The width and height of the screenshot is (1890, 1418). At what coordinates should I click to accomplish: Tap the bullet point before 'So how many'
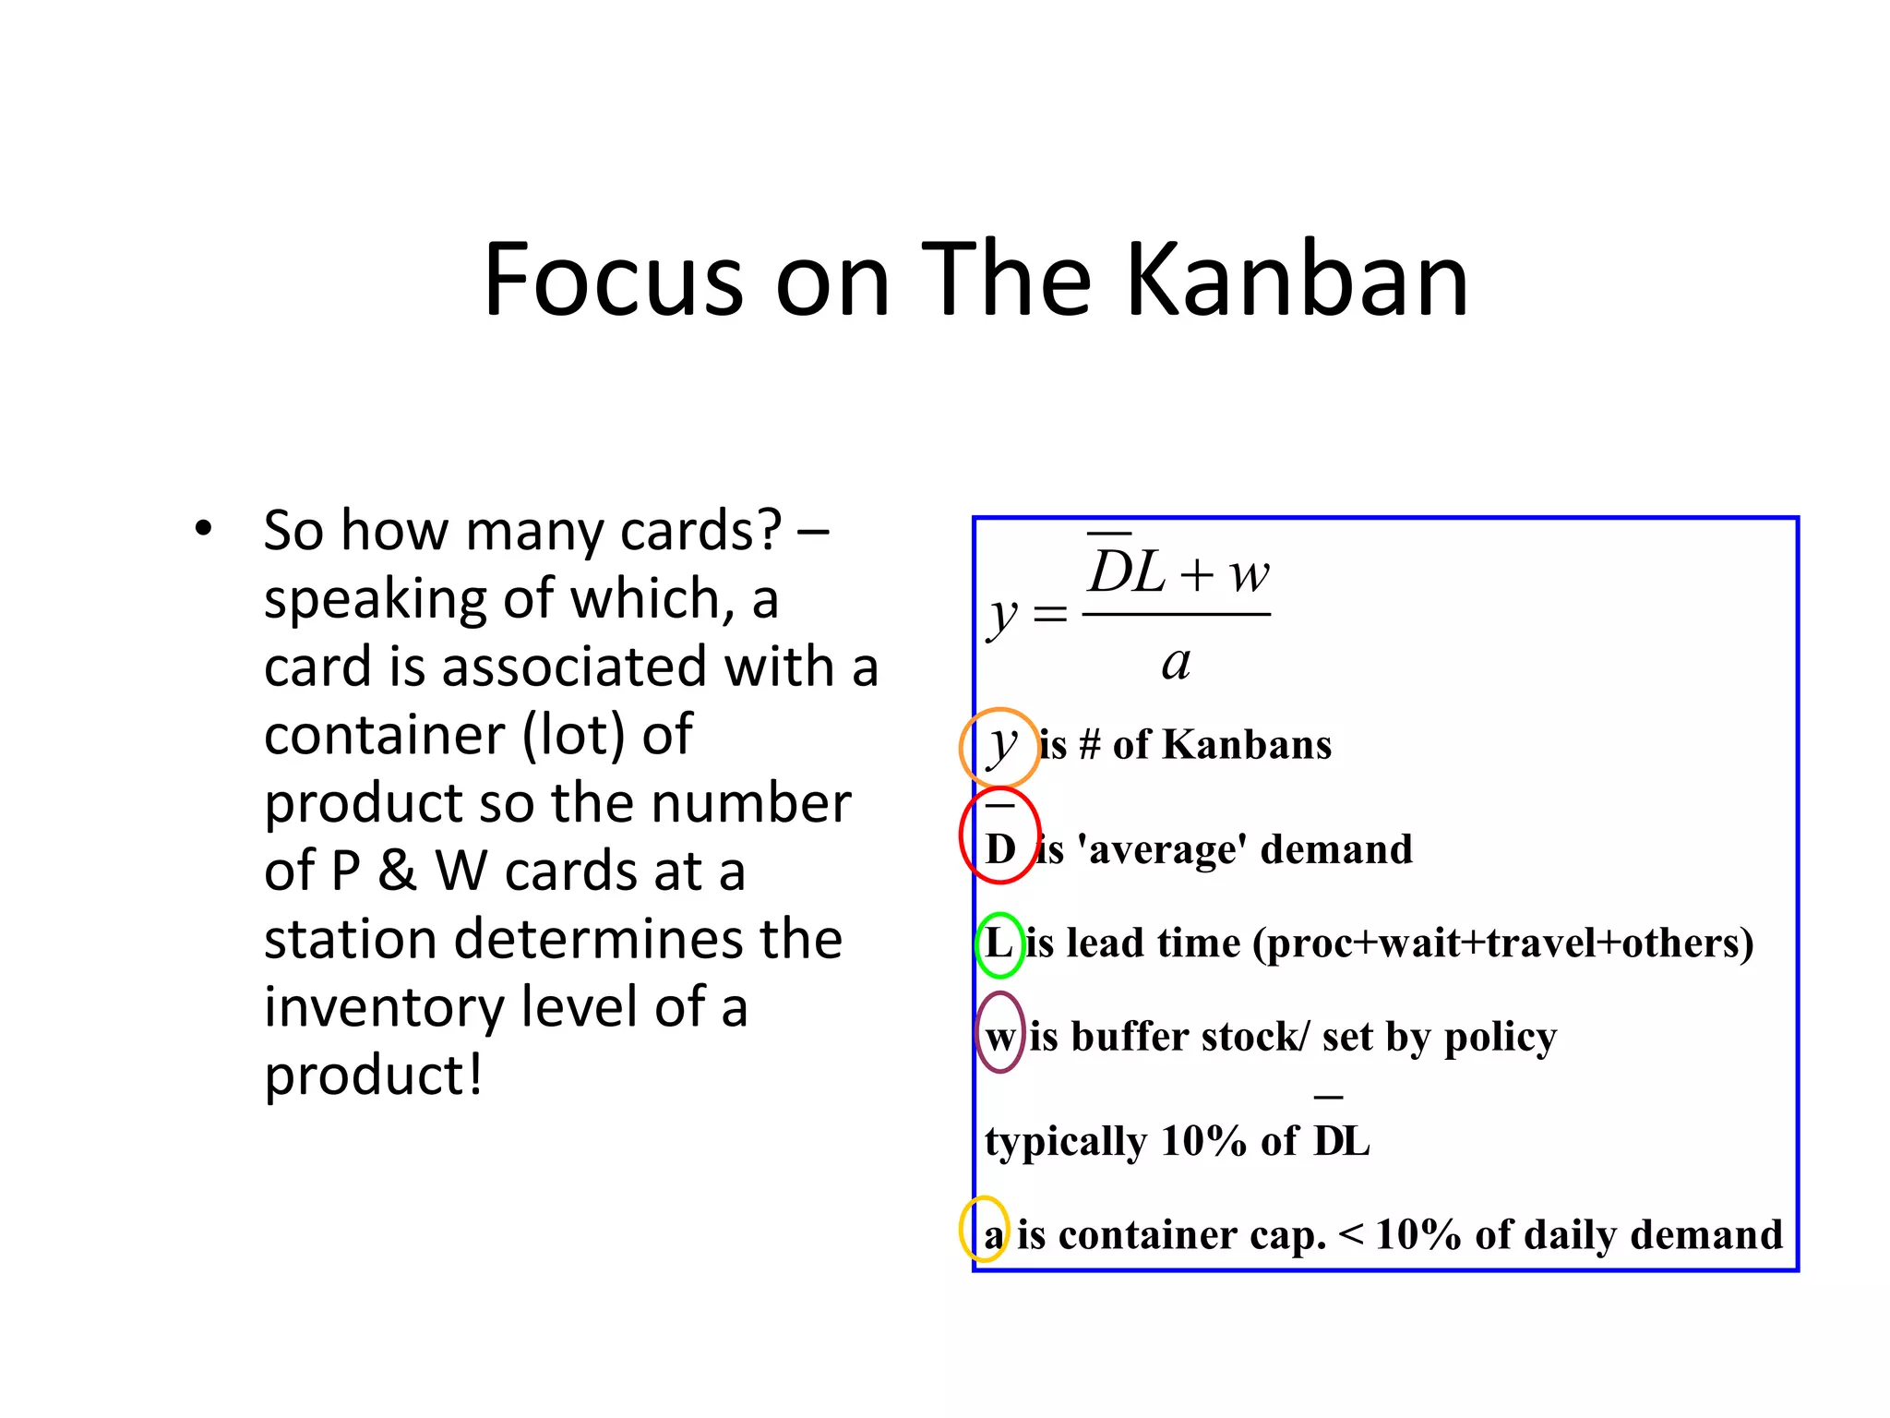[x=203, y=530]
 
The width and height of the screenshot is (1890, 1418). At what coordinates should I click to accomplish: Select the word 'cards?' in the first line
[x=700, y=531]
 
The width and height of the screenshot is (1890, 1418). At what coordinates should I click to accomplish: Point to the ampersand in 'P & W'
[x=397, y=871]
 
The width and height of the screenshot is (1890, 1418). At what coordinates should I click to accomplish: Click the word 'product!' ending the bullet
[x=373, y=1076]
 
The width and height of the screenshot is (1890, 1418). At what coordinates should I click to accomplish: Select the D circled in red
[x=1000, y=846]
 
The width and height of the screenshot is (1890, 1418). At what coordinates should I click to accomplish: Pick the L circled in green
[x=999, y=943]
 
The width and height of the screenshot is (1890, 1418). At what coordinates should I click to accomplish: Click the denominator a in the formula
[x=1176, y=663]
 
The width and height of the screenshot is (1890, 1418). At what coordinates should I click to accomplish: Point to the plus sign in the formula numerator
[x=1196, y=576]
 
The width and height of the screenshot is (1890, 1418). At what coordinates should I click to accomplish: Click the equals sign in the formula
[x=1049, y=613]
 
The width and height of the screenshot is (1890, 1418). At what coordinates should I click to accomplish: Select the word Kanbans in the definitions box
[x=1246, y=744]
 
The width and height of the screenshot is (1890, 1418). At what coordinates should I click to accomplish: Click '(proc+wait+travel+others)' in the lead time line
[x=1502, y=943]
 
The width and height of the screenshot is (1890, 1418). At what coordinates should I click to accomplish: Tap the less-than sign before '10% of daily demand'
[x=1350, y=1232]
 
